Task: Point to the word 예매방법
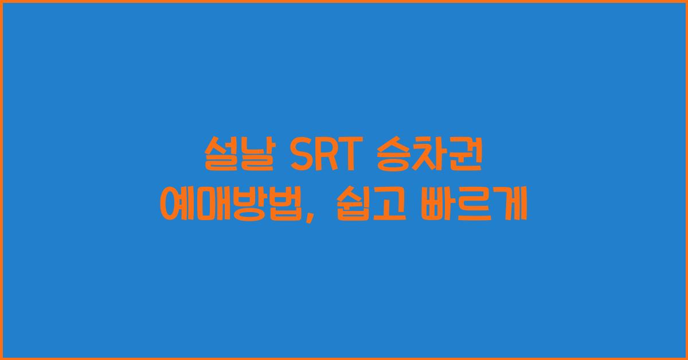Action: click(228, 206)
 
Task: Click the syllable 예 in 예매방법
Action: click(175, 206)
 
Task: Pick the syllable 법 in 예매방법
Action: click(281, 206)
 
